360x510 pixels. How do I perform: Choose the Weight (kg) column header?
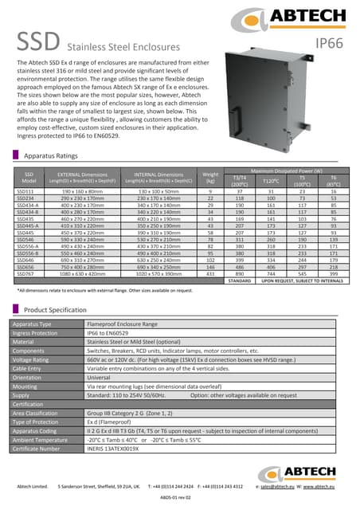click(x=211, y=177)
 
